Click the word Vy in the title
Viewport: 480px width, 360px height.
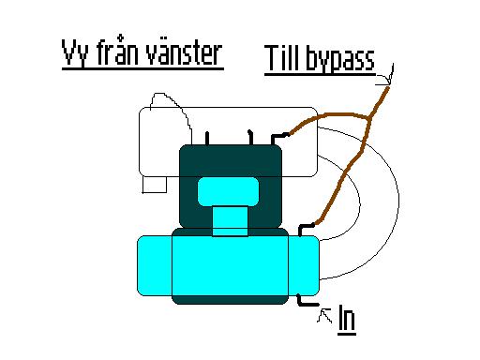point(74,53)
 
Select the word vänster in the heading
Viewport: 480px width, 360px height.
point(184,53)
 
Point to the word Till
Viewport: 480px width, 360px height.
point(283,58)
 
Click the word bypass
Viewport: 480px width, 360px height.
point(340,59)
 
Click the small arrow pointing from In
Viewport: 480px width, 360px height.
point(325,315)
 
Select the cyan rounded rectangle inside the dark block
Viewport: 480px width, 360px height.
point(229,191)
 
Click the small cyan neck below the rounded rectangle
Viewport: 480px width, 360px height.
point(230,221)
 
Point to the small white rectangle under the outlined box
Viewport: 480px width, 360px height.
point(155,185)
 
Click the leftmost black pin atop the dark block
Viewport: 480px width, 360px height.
point(207,139)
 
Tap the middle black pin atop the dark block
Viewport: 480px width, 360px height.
point(250,137)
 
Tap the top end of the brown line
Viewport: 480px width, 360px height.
point(388,88)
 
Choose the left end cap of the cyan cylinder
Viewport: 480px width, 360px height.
point(155,265)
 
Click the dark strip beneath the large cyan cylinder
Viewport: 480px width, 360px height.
point(230,300)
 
